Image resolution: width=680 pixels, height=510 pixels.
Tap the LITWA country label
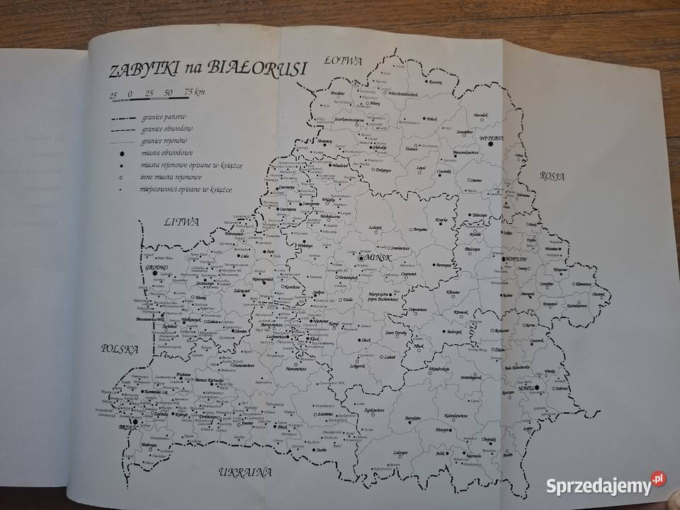[x=179, y=222]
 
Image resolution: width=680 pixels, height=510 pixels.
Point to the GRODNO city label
[x=157, y=268]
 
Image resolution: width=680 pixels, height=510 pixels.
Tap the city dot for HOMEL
[x=538, y=387]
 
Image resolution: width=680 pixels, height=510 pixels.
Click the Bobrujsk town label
[x=453, y=331]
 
